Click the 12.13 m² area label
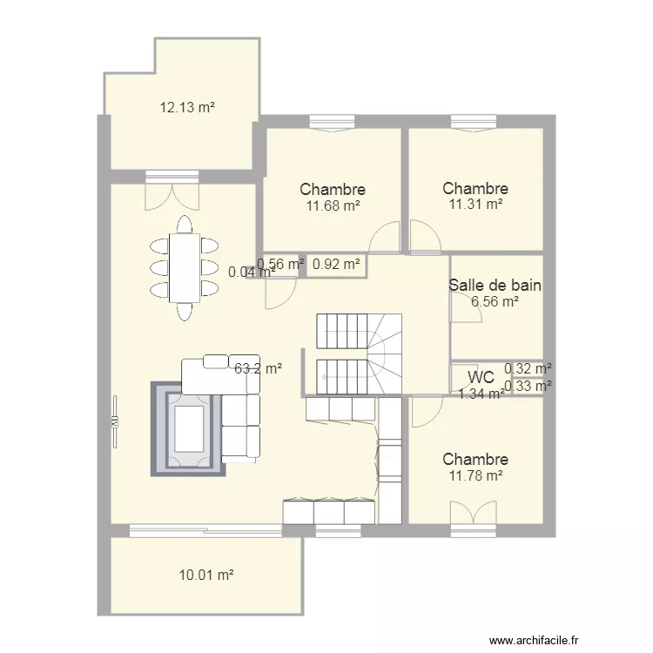[x=187, y=107]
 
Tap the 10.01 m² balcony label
[x=206, y=576]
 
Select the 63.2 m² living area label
[x=259, y=368]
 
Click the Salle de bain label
[x=495, y=286]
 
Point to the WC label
[x=481, y=377]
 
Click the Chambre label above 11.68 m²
[x=333, y=190]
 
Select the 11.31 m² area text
[x=475, y=204]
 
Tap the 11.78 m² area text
[x=475, y=475]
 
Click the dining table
[x=185, y=268]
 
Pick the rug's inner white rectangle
[x=189, y=429]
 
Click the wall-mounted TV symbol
[x=115, y=422]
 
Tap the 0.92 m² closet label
[x=336, y=264]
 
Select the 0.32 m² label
[x=528, y=368]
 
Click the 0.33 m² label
[x=528, y=386]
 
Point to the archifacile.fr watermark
[x=534, y=640]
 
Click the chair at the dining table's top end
[x=185, y=225]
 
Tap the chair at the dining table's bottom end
[x=185, y=312]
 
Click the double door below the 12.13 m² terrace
[x=172, y=191]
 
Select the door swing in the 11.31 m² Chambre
[x=425, y=236]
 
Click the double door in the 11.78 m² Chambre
[x=474, y=516]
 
